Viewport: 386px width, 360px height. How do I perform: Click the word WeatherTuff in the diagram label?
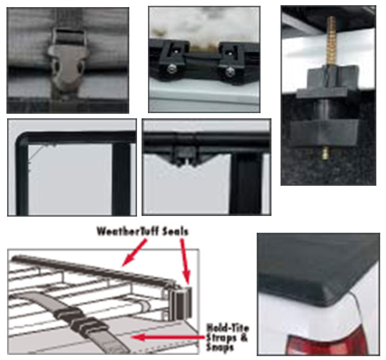tap(122, 230)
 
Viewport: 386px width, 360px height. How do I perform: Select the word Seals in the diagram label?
tap(170, 230)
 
